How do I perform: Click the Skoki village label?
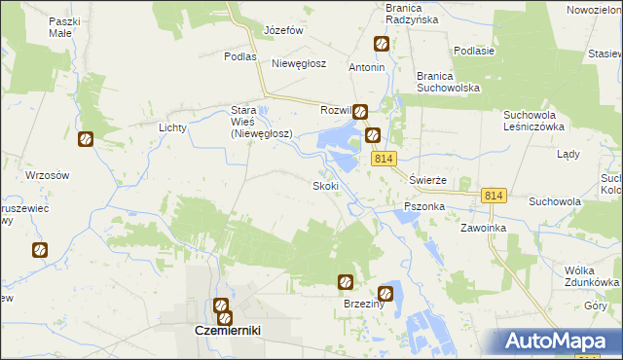tap(325, 186)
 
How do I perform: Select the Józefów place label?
tap(284, 30)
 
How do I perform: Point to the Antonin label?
tap(367, 68)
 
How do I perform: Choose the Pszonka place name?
tap(424, 207)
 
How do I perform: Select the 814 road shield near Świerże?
tap(383, 158)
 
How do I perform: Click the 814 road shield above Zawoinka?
tap(493, 197)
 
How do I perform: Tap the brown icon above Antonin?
tap(382, 44)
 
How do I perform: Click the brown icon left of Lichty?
tap(86, 139)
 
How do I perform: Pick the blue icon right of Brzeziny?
tap(386, 292)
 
